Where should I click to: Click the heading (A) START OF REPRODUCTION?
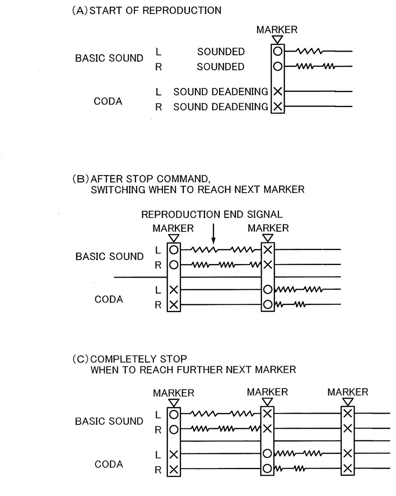coord(147,11)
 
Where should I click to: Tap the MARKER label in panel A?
coord(277,30)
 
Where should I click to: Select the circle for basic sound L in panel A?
coord(278,52)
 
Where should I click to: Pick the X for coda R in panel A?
coord(278,107)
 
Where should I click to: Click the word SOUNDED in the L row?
coord(221,52)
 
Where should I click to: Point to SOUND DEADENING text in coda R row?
coord(221,107)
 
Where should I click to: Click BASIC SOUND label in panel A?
coord(109,58)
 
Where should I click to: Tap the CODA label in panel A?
coord(109,101)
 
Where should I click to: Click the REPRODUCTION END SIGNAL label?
coord(212,214)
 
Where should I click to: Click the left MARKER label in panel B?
coord(173,228)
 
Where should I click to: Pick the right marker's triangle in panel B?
coord(268,238)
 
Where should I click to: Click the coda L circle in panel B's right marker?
coord(268,289)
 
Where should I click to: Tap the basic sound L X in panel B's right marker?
coord(268,250)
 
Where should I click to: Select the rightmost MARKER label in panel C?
coord(348,391)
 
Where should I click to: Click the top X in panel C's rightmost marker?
coord(348,413)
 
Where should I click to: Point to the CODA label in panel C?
coord(109,464)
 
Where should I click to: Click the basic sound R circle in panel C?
coord(174,429)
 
